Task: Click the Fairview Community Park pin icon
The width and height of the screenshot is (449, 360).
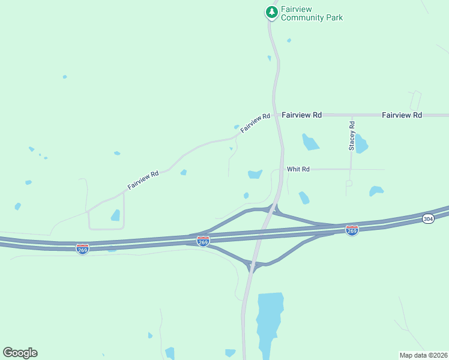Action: click(272, 12)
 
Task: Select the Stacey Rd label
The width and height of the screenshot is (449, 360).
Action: click(352, 136)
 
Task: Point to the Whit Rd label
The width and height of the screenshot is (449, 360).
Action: click(298, 169)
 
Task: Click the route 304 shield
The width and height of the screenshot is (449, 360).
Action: click(428, 219)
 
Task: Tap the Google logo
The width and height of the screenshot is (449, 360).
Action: click(20, 353)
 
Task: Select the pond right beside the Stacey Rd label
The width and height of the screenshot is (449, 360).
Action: click(361, 144)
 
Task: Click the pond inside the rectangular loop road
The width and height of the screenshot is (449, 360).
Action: click(115, 215)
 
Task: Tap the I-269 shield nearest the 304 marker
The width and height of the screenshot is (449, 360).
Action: click(352, 230)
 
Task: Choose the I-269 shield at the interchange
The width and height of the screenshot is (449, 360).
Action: click(203, 241)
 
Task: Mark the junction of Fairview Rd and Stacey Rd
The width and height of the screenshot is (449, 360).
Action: click(352, 115)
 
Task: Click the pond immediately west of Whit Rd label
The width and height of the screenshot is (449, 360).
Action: click(255, 174)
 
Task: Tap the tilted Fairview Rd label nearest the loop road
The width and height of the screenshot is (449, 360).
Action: click(143, 181)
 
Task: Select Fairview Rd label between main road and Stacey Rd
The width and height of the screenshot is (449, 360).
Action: click(301, 115)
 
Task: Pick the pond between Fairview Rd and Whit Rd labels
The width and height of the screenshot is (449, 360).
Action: click(310, 142)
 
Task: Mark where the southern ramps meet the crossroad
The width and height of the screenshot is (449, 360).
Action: click(253, 263)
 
